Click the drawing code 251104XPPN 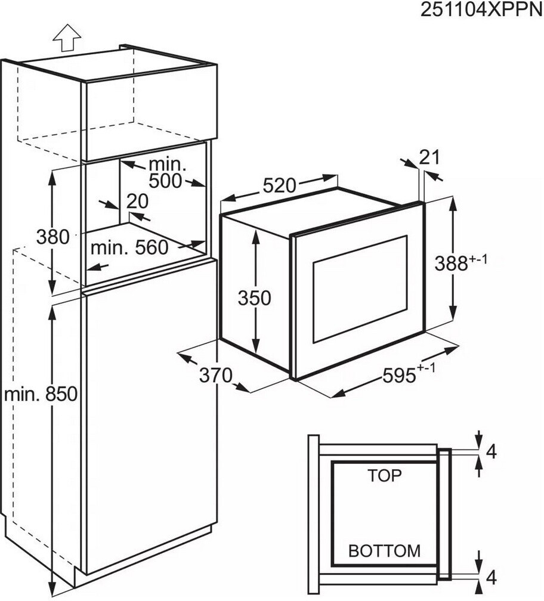click(x=481, y=10)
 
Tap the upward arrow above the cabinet click(x=67, y=38)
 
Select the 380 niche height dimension click(x=53, y=237)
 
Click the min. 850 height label click(x=41, y=394)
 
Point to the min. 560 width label click(x=129, y=248)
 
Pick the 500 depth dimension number click(x=165, y=181)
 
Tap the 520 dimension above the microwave click(x=280, y=185)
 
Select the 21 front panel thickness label click(x=429, y=157)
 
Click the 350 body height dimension click(x=254, y=298)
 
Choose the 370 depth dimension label click(x=216, y=375)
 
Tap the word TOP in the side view click(x=385, y=475)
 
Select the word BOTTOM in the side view click(x=385, y=551)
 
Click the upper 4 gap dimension click(x=491, y=452)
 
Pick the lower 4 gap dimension click(x=491, y=577)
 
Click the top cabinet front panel click(x=150, y=113)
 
